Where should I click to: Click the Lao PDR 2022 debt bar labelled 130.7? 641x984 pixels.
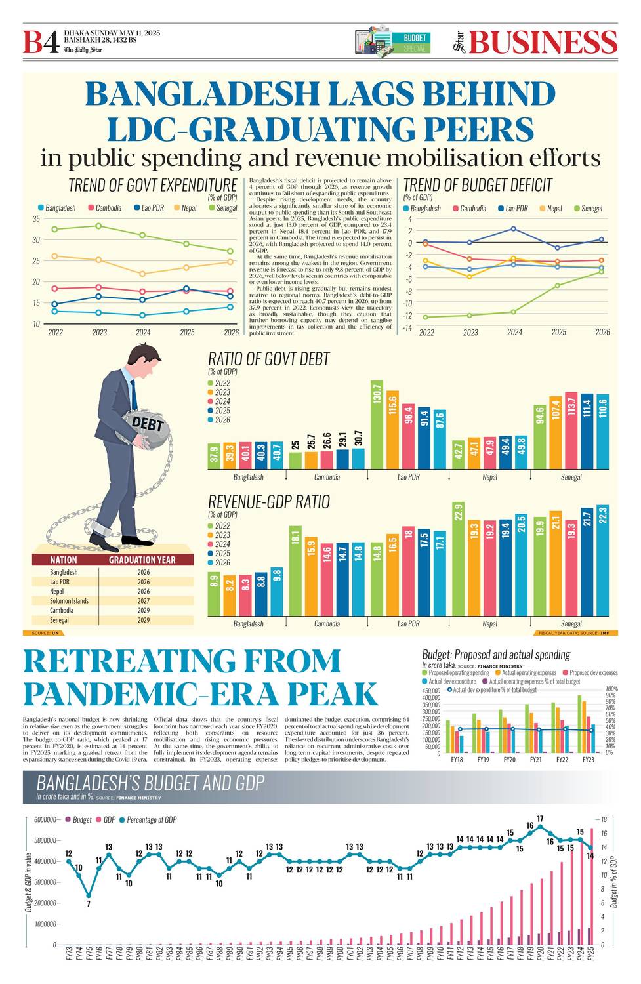click(x=377, y=424)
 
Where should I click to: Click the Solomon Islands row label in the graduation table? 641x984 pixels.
click(x=69, y=601)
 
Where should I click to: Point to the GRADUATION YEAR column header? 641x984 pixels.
click(x=142, y=560)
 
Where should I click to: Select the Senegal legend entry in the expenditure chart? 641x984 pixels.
click(x=222, y=208)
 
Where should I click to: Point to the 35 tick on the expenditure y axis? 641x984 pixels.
click(x=36, y=219)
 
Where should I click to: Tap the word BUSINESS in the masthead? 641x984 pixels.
click(x=543, y=42)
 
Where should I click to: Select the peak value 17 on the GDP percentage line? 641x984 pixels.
click(x=540, y=819)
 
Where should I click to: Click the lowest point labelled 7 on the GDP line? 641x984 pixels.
click(x=89, y=904)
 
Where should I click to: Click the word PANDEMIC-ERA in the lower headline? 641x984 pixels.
click(x=199, y=693)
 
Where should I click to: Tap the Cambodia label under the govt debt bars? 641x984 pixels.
click(x=327, y=478)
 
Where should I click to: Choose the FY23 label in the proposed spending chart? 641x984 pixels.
click(x=588, y=760)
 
